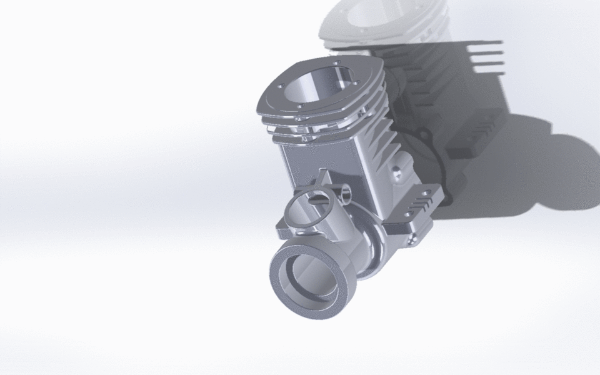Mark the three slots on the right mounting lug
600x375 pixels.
pos(420,204)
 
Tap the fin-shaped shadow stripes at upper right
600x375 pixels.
pos(484,56)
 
